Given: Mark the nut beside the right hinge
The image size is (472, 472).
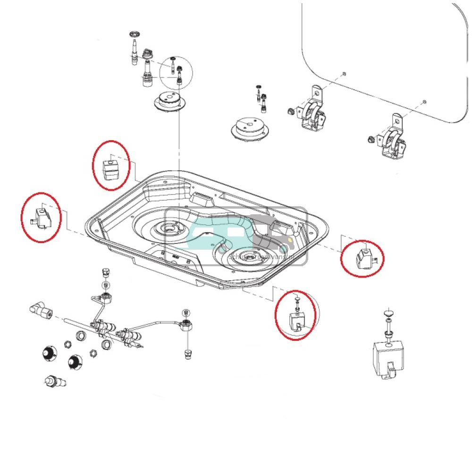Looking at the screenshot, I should click(371, 139).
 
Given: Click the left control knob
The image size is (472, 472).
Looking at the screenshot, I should click(48, 353).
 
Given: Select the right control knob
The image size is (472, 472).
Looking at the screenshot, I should click(74, 362).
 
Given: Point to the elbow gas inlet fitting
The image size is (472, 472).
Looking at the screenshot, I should click(41, 311).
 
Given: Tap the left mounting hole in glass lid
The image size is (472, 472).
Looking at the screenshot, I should click(344, 74).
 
